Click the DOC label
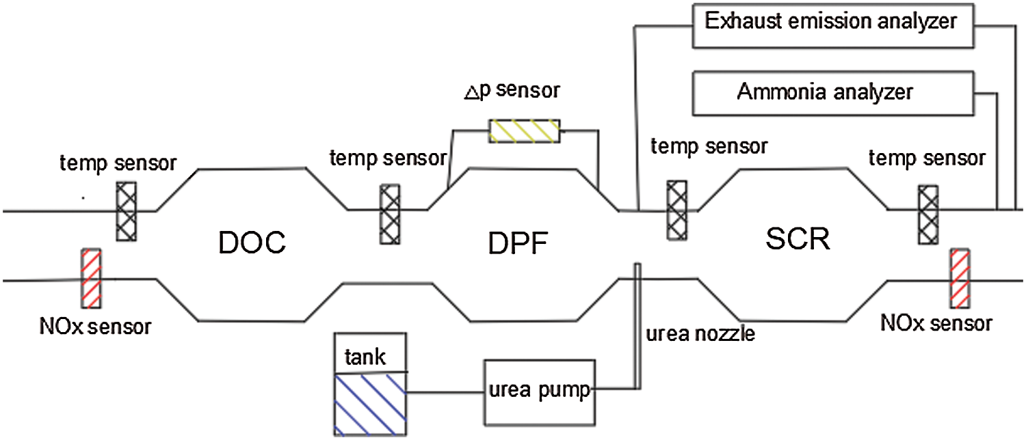coord(250,243)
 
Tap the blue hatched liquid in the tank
coord(369,403)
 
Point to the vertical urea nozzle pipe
coord(637,328)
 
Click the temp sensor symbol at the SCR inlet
coord(677,210)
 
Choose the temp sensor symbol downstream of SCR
coord(928,214)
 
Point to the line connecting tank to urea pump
coord(445,393)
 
